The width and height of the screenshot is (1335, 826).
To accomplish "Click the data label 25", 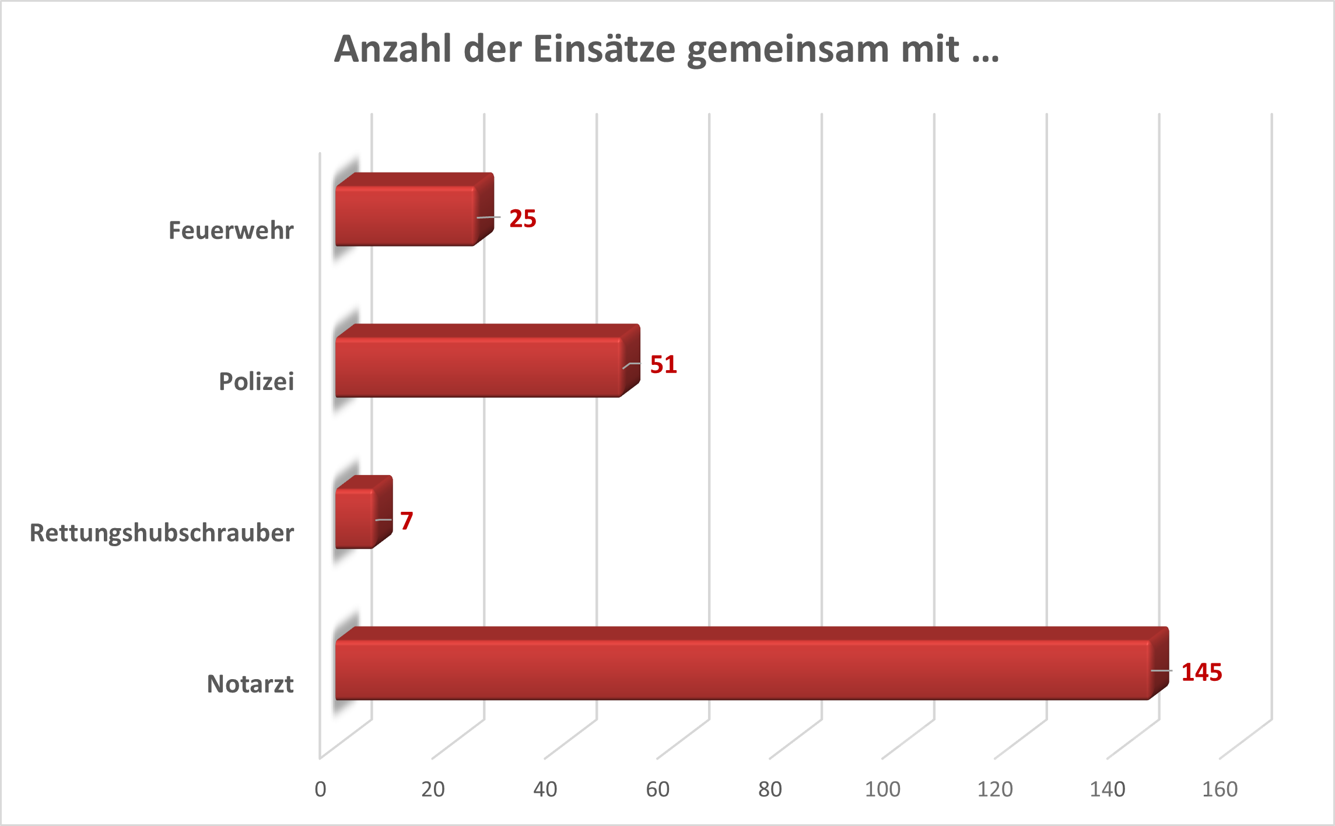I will [x=523, y=219].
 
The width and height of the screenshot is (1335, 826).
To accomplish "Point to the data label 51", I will [x=664, y=365].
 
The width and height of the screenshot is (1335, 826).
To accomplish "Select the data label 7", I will [x=407, y=521].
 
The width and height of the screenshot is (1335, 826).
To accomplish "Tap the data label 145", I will [x=1201, y=672].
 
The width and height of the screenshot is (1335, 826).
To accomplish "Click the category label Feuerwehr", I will [x=231, y=230].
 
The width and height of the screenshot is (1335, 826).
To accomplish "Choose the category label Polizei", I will [x=256, y=382].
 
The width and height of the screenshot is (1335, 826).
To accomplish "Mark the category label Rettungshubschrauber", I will [x=162, y=533].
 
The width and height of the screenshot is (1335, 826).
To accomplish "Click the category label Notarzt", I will [x=250, y=684].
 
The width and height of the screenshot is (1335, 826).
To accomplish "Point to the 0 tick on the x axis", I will [x=320, y=789].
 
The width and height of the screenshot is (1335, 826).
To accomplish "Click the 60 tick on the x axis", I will [x=657, y=789].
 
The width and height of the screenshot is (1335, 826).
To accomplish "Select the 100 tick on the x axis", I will [x=882, y=789].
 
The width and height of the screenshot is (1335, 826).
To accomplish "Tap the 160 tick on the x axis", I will [x=1220, y=789].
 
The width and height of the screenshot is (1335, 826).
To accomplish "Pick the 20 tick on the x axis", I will [x=433, y=789].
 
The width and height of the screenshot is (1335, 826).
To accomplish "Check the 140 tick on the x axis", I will [x=1107, y=789].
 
